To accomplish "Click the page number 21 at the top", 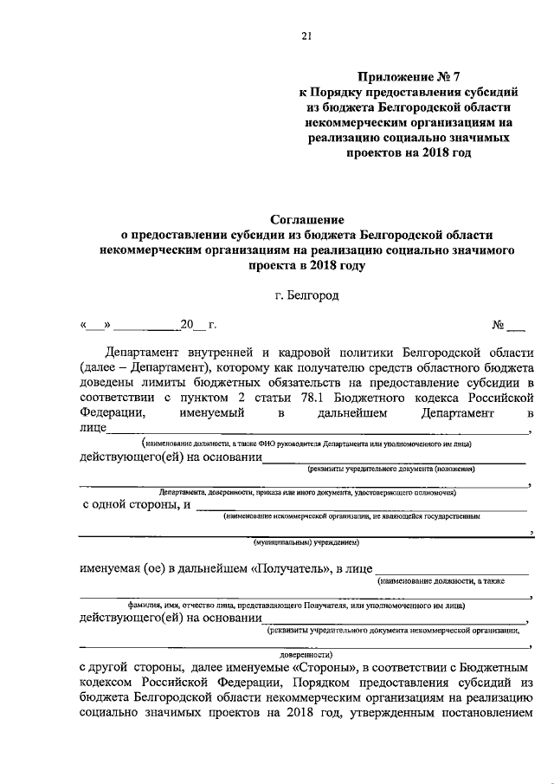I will tap(306, 36).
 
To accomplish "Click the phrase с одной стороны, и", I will tap(136, 505).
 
